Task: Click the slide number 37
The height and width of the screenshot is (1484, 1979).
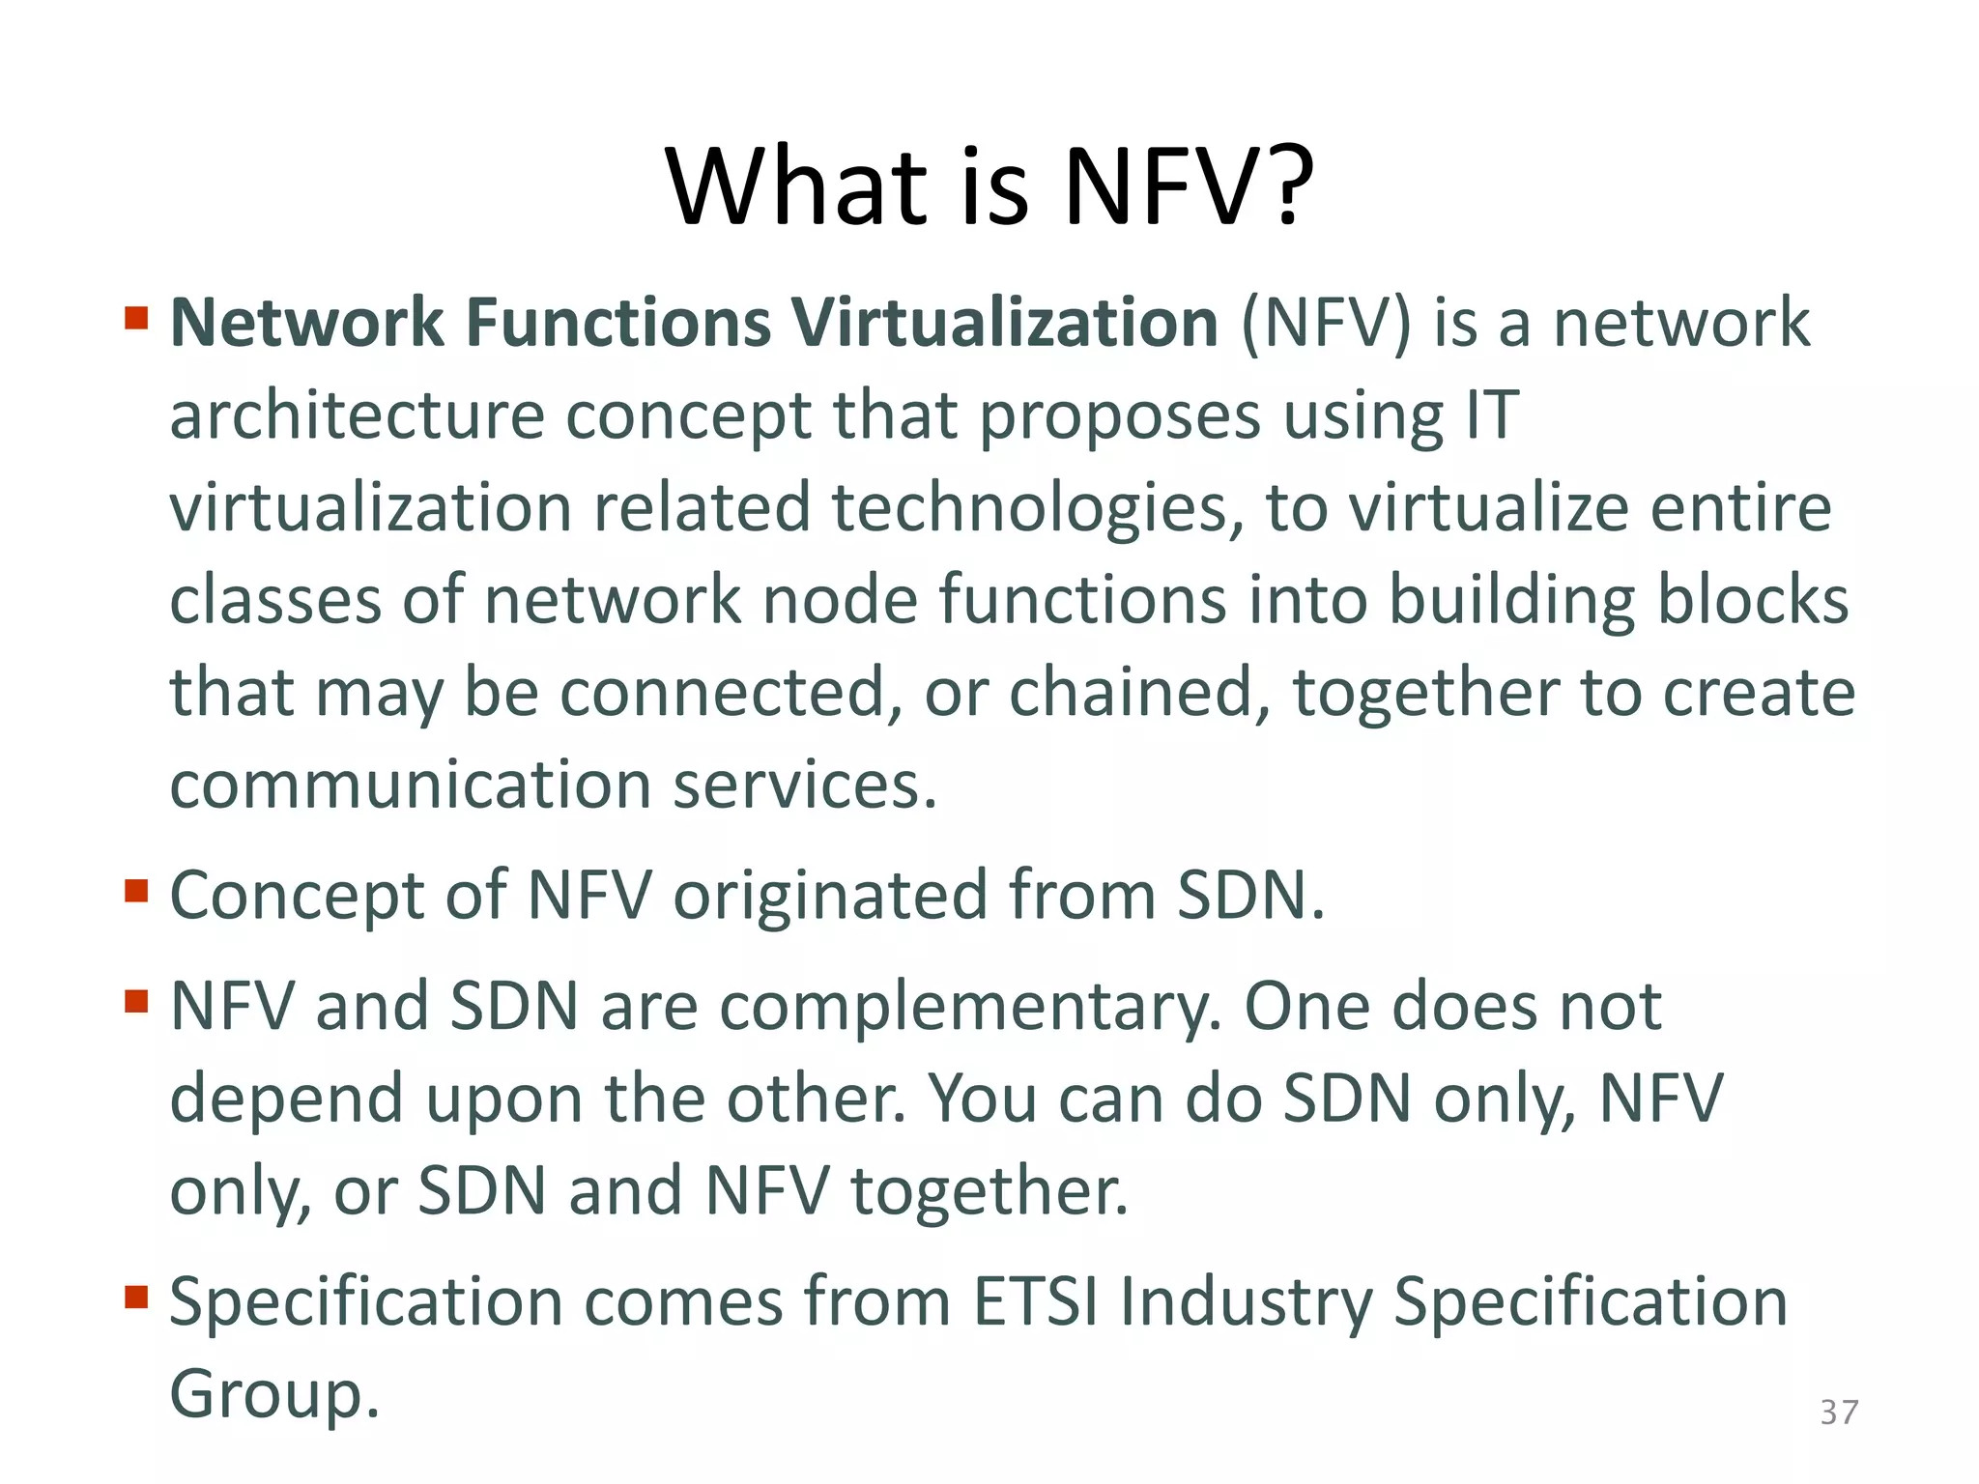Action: [x=1838, y=1413]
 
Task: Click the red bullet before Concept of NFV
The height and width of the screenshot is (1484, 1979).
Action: [x=136, y=889]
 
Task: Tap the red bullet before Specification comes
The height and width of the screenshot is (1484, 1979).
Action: [x=136, y=1296]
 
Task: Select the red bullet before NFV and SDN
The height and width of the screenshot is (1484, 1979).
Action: [x=136, y=1000]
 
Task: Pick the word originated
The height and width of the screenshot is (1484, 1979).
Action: [x=830, y=895]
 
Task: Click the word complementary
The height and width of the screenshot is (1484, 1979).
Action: [x=970, y=1007]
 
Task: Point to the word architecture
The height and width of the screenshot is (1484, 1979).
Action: [x=358, y=415]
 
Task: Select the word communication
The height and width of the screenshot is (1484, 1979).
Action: [x=411, y=785]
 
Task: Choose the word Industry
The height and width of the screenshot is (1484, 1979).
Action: [x=1247, y=1301]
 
